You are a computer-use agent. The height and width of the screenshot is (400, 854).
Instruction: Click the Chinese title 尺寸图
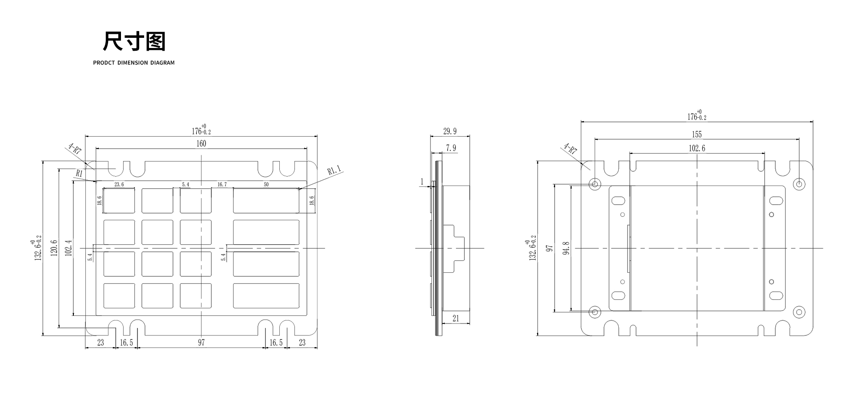[134, 42]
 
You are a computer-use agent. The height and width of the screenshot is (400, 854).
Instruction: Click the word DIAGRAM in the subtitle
[162, 63]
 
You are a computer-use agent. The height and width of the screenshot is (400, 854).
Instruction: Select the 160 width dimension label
[201, 143]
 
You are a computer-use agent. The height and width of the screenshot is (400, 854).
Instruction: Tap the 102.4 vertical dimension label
[68, 249]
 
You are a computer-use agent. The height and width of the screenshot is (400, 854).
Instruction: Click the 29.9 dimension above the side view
[450, 131]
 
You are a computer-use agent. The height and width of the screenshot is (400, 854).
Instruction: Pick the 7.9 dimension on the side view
[451, 148]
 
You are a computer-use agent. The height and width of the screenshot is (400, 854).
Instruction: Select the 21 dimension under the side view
[455, 319]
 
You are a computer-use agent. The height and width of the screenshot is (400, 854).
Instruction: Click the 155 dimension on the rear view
[697, 134]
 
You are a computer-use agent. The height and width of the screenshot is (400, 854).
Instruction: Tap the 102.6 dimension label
[697, 149]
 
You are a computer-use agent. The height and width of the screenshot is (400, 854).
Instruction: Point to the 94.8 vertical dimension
[566, 248]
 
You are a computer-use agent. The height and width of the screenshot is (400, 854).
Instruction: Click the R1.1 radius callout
[334, 170]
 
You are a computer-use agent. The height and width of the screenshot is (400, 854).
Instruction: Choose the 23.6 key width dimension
[119, 184]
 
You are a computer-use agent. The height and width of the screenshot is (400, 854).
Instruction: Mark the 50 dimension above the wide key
[266, 184]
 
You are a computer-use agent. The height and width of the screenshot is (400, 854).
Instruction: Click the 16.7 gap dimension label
[222, 184]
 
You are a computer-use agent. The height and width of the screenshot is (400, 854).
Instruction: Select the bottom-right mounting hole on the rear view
[799, 312]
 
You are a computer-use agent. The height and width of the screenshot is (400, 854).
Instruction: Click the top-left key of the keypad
[119, 200]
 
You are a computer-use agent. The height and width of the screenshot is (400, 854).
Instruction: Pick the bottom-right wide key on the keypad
[266, 296]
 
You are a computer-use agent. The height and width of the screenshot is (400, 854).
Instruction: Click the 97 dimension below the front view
[201, 343]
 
